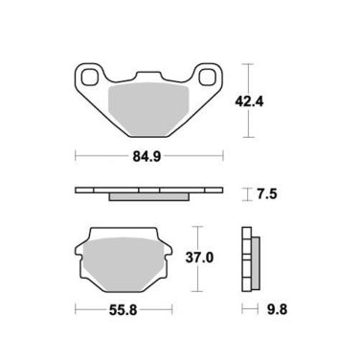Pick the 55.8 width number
(x=124, y=309)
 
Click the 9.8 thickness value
(x=275, y=309)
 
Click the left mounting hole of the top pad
(x=92, y=77)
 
